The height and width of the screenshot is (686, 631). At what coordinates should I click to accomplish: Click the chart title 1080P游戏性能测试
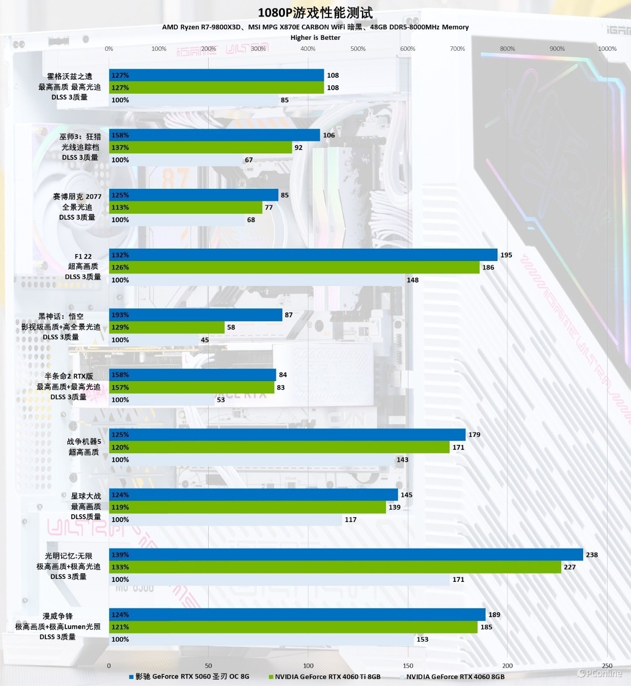pyautogui.click(x=315, y=12)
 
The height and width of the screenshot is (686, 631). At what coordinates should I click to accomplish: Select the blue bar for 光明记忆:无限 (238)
pyautogui.click(x=346, y=554)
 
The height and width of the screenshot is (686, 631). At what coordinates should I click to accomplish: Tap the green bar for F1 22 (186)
pyautogui.click(x=294, y=268)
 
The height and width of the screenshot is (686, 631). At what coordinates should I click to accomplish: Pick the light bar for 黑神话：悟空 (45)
pyautogui.click(x=154, y=340)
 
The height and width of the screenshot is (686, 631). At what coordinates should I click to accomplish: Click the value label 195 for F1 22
pyautogui.click(x=506, y=255)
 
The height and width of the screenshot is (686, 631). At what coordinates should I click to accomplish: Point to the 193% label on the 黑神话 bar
pyautogui.click(x=120, y=315)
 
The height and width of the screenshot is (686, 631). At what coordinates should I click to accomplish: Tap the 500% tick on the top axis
pyautogui.click(x=358, y=49)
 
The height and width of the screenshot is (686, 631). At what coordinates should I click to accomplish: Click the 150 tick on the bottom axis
pyautogui.click(x=408, y=666)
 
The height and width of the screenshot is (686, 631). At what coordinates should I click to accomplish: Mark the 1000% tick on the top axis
pyautogui.click(x=607, y=49)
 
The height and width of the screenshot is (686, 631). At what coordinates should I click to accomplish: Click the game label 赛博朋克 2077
pyautogui.click(x=77, y=196)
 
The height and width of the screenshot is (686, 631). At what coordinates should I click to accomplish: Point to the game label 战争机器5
pyautogui.click(x=84, y=441)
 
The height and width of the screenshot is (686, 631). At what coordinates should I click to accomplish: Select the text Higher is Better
pyautogui.click(x=315, y=37)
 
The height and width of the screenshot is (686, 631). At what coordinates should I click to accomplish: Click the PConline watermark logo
pyautogui.click(x=600, y=674)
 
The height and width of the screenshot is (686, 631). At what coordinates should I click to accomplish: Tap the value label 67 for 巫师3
pyautogui.click(x=249, y=160)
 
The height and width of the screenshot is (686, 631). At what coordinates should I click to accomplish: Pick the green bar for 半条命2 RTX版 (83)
pyautogui.click(x=192, y=387)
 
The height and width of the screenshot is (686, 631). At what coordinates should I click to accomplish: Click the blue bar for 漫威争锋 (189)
pyautogui.click(x=297, y=615)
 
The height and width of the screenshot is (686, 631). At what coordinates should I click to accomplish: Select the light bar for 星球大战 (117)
pyautogui.click(x=225, y=520)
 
